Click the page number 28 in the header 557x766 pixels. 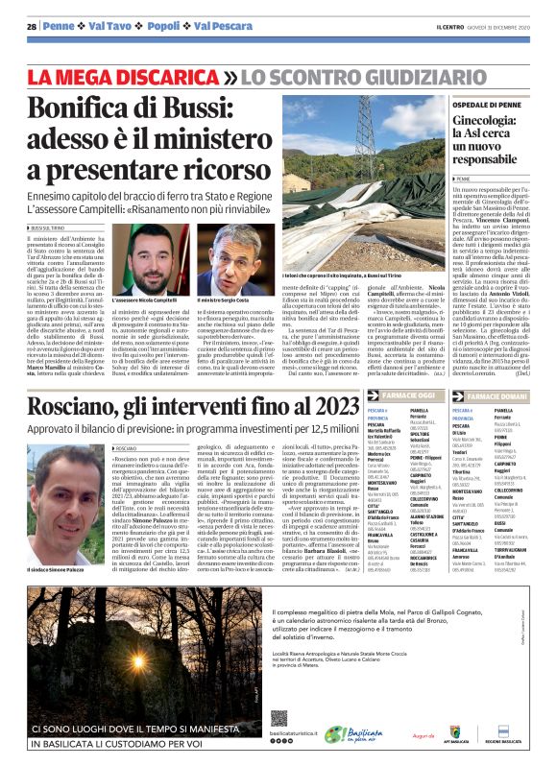click(x=32, y=26)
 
